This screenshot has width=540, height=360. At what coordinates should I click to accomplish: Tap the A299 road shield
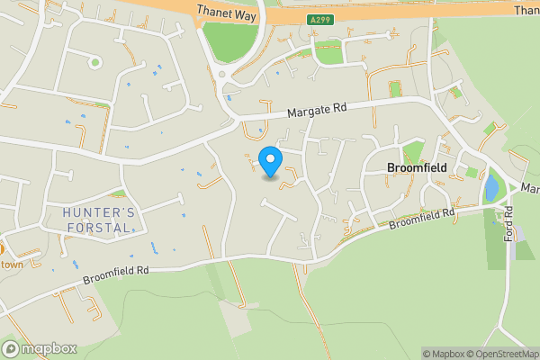tap(320, 18)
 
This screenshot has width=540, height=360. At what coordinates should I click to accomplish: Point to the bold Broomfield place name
tap(418, 167)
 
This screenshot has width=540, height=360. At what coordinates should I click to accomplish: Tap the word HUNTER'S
tap(99, 211)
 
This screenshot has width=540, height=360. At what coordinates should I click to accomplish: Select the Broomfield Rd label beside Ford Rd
tap(422, 219)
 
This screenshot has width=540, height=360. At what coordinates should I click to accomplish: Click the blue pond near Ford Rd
tap(491, 188)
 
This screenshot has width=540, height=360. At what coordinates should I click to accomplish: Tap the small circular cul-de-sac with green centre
tap(94, 62)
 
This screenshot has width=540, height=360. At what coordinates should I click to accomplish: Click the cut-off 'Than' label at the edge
tap(527, 10)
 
